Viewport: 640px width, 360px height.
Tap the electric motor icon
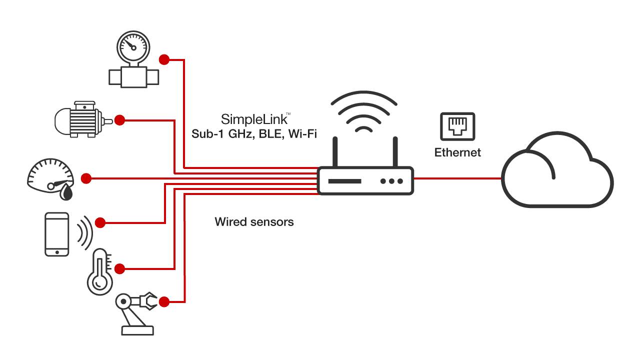79,119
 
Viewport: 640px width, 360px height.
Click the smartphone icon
56,234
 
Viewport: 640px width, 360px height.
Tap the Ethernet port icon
457,126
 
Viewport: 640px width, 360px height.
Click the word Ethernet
457,152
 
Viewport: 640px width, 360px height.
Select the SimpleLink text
254,119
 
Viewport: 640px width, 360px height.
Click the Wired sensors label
254,221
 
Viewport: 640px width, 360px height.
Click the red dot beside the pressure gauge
163,60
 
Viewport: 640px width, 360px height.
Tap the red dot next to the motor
119,120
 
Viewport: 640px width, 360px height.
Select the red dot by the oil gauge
86,178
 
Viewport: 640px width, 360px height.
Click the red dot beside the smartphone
100,222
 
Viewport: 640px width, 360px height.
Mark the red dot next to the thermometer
119,269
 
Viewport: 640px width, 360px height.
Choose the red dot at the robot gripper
163,301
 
